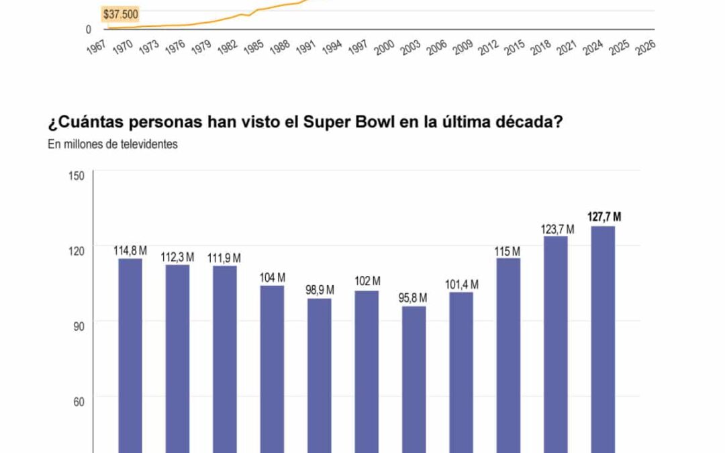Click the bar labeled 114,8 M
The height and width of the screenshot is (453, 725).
point(130,356)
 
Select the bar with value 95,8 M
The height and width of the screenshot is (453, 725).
point(414,379)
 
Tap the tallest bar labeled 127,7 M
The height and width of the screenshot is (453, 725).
point(603,339)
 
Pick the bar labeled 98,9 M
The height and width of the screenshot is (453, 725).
point(320,376)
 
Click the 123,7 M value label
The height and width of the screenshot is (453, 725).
point(557,230)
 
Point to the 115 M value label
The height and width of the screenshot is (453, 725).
point(508,251)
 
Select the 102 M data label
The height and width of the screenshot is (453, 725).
point(367,281)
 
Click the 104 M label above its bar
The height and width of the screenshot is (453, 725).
point(273,277)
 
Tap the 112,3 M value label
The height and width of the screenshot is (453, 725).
point(177,257)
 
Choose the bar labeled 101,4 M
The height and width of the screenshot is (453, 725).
point(461,372)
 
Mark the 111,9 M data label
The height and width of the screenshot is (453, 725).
point(224,258)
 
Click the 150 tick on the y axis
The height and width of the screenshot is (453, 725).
point(76,176)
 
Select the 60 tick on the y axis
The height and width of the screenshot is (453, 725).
point(78,402)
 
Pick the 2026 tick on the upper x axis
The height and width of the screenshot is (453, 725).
point(645,48)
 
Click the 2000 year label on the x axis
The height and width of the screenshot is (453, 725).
point(384,48)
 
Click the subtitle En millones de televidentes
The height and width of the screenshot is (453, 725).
point(113,144)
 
